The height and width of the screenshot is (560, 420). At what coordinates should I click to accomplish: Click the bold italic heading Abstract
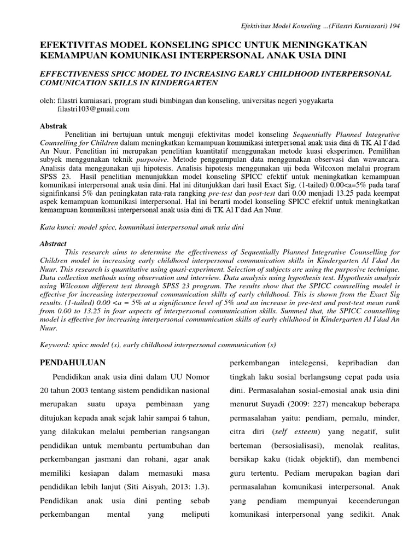[54, 244]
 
